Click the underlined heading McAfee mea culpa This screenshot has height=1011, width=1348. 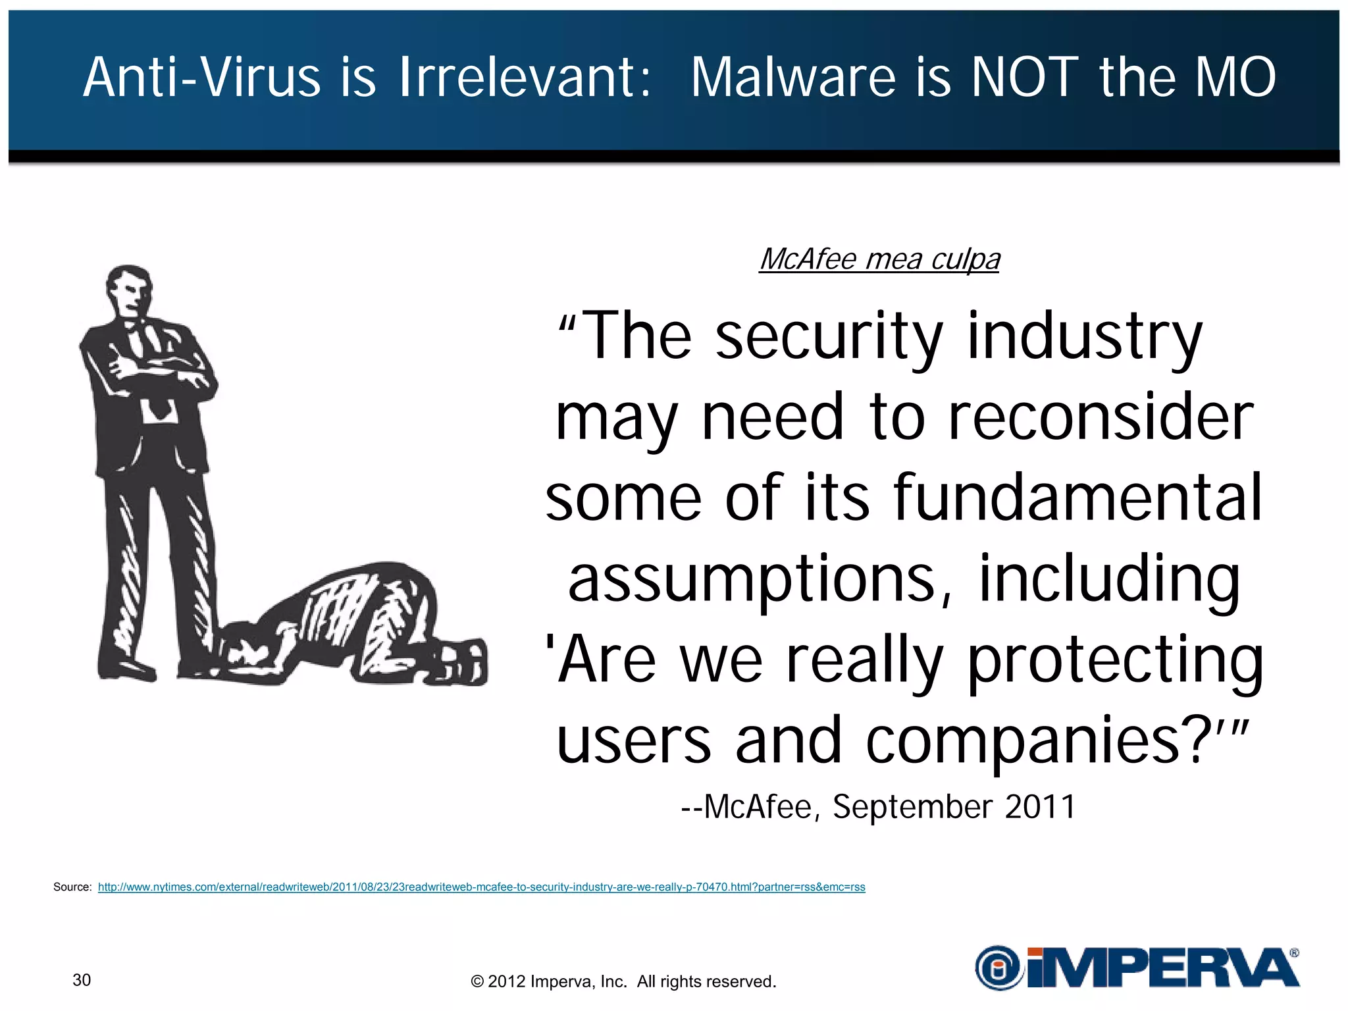879,259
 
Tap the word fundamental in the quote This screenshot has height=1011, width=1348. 1077,498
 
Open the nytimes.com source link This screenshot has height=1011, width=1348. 481,887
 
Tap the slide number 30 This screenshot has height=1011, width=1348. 82,980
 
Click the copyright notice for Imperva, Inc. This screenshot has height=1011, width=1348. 623,981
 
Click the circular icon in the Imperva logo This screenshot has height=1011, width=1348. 999,968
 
